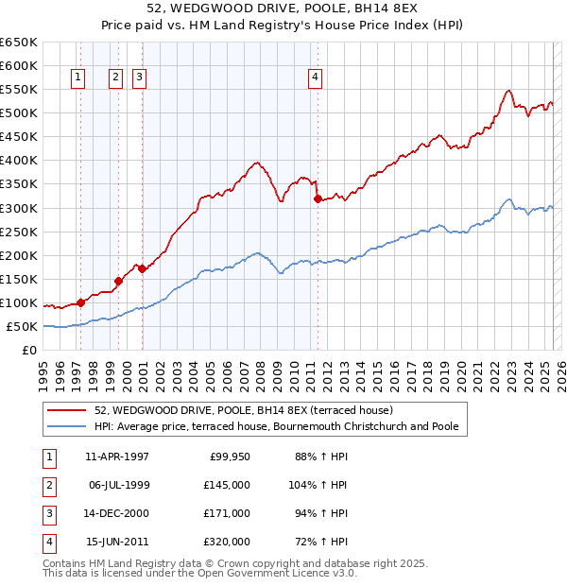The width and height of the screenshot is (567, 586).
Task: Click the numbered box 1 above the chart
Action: coord(77,78)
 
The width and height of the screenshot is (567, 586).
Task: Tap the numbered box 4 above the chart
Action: coord(315,78)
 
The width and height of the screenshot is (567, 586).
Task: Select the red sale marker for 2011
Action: coord(318,198)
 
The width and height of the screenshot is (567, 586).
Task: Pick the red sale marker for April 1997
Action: coord(80,302)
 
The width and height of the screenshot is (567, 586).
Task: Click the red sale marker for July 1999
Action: coord(118,281)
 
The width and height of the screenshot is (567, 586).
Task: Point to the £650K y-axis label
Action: coord(19,43)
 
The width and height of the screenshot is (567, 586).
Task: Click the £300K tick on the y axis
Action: coord(19,208)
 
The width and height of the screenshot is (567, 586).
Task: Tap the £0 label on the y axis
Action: coord(28,350)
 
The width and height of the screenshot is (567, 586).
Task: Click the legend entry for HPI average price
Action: coord(276,426)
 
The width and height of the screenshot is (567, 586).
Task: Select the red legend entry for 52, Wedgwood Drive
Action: coord(249,410)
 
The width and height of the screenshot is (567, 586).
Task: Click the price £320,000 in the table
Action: coord(228,542)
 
